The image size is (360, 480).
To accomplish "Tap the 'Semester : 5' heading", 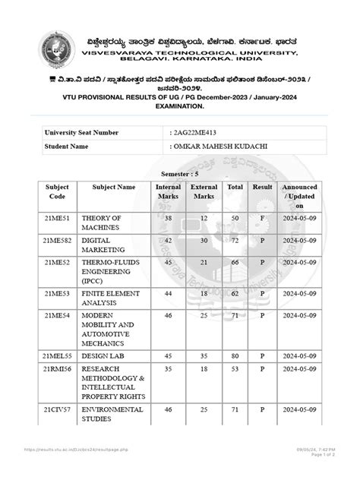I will pyautogui.click(x=180, y=173).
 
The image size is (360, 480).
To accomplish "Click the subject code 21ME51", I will pyautogui.click(x=57, y=218).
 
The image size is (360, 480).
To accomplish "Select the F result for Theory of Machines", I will pyautogui.click(x=263, y=218).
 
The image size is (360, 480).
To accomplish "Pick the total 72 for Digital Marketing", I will pyautogui.click(x=235, y=240).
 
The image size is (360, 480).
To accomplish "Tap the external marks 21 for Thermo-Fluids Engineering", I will pyautogui.click(x=204, y=262).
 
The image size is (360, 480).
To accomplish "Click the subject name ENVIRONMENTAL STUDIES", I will pyautogui.click(x=112, y=415).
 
